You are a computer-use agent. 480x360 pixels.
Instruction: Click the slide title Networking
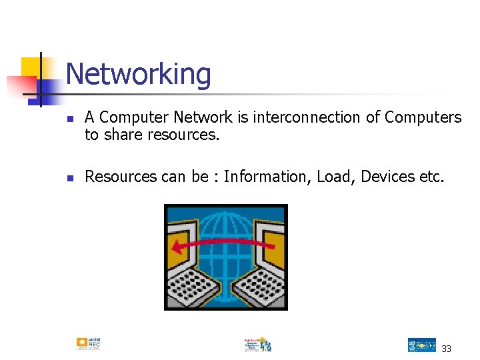139,74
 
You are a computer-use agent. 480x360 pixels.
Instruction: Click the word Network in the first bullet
202,117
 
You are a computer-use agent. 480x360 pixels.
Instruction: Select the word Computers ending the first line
423,117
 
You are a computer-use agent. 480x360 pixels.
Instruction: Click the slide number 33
446,348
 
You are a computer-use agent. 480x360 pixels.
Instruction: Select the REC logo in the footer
89,344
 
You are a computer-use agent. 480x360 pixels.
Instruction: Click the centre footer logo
257,344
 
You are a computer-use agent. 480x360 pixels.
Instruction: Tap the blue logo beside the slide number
421,345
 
